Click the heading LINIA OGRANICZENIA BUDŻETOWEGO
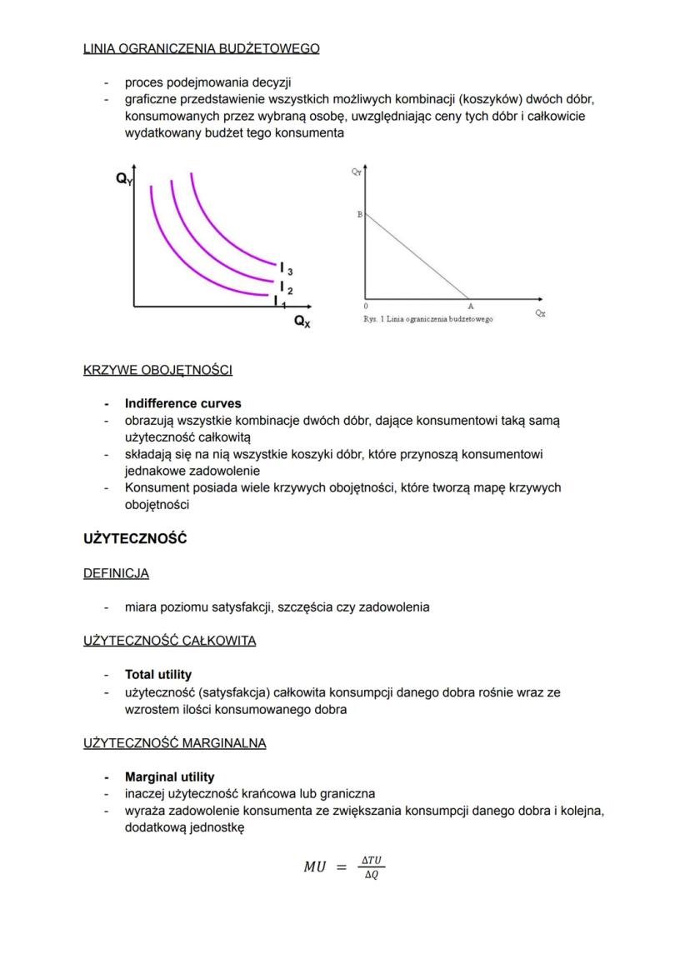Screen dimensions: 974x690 point(201,49)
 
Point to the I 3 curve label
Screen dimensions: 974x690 point(285,268)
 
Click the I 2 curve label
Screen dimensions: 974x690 point(285,287)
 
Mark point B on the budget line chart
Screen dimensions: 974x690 point(359,214)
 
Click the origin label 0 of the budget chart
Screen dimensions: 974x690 point(365,307)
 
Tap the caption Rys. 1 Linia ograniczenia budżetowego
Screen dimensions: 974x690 point(427,319)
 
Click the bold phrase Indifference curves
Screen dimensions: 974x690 point(182,404)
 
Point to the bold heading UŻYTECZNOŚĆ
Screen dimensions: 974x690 point(135,539)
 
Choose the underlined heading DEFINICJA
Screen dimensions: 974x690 point(116,573)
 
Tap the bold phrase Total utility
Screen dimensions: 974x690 point(157,674)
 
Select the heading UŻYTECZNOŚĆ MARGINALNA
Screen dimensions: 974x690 point(174,743)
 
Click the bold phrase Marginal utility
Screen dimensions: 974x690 point(169,777)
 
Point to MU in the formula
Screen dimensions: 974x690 point(316,867)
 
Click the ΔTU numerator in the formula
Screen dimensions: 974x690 point(372,859)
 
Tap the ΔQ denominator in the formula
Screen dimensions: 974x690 point(372,876)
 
